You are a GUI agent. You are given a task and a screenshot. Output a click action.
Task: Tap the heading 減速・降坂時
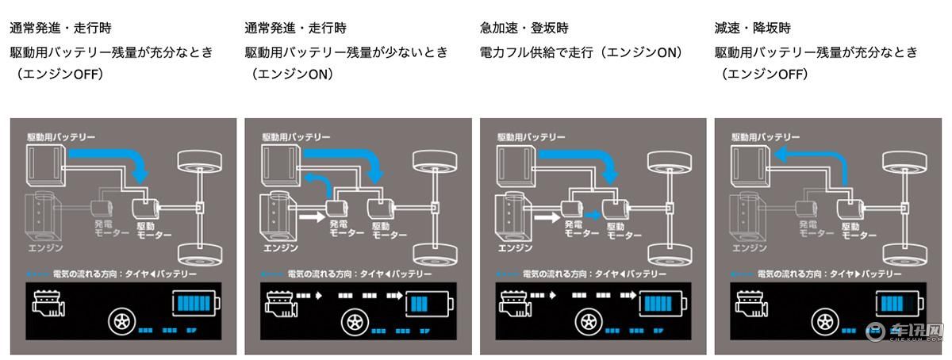click(754, 29)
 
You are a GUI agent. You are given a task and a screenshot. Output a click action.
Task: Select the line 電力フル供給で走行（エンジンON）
click(581, 52)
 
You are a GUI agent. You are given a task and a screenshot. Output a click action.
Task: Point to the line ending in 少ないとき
click(346, 52)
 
